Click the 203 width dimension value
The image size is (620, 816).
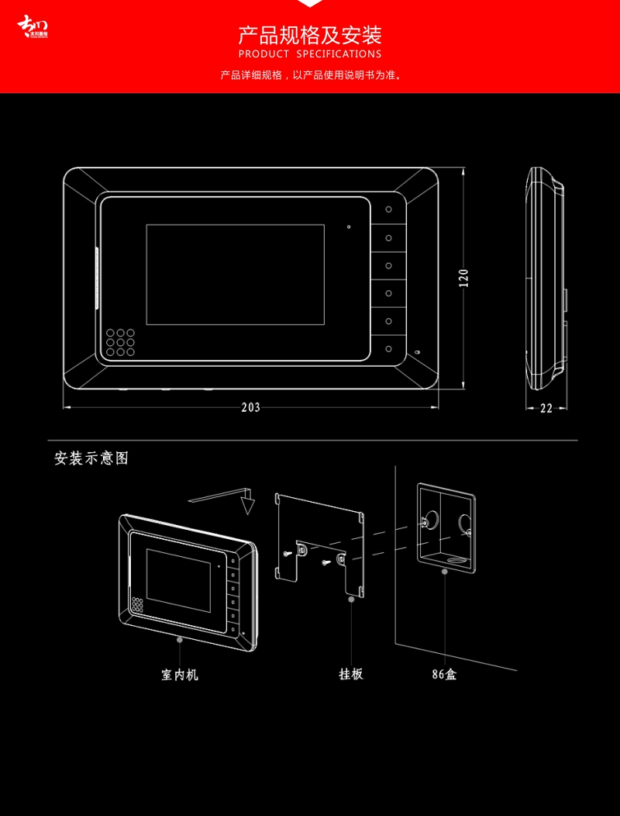click(250, 407)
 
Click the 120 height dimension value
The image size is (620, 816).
click(463, 278)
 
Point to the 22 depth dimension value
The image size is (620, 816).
click(546, 409)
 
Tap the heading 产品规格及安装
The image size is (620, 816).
click(310, 35)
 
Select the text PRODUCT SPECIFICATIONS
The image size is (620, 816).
click(310, 54)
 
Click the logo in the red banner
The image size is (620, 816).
click(33, 27)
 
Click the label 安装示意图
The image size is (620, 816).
click(91, 458)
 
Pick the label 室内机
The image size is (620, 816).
click(180, 675)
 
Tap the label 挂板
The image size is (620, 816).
click(351, 674)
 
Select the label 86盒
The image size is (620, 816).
click(444, 675)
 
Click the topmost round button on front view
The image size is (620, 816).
click(389, 209)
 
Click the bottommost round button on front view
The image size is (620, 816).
click(389, 348)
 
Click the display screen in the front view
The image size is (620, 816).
click(235, 274)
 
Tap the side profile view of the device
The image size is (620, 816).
click(546, 279)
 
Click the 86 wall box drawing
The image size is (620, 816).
click(446, 527)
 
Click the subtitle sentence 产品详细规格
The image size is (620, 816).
click(310, 75)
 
